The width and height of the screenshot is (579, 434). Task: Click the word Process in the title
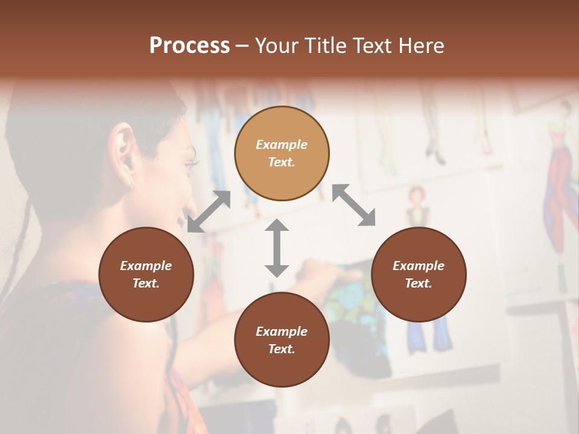[189, 46]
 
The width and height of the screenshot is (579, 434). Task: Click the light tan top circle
[282, 154]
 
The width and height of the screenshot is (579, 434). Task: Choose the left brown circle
[146, 274]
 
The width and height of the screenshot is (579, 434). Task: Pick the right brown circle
[419, 274]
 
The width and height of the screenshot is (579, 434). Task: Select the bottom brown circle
[282, 340]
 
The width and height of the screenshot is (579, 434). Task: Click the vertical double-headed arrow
[277, 248]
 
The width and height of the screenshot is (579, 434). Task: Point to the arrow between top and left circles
[209, 211]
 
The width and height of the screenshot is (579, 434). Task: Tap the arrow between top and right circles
[353, 205]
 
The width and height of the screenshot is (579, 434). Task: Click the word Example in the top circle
[282, 145]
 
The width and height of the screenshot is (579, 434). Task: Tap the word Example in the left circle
[146, 266]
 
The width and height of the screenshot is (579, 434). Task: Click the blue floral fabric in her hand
[353, 295]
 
